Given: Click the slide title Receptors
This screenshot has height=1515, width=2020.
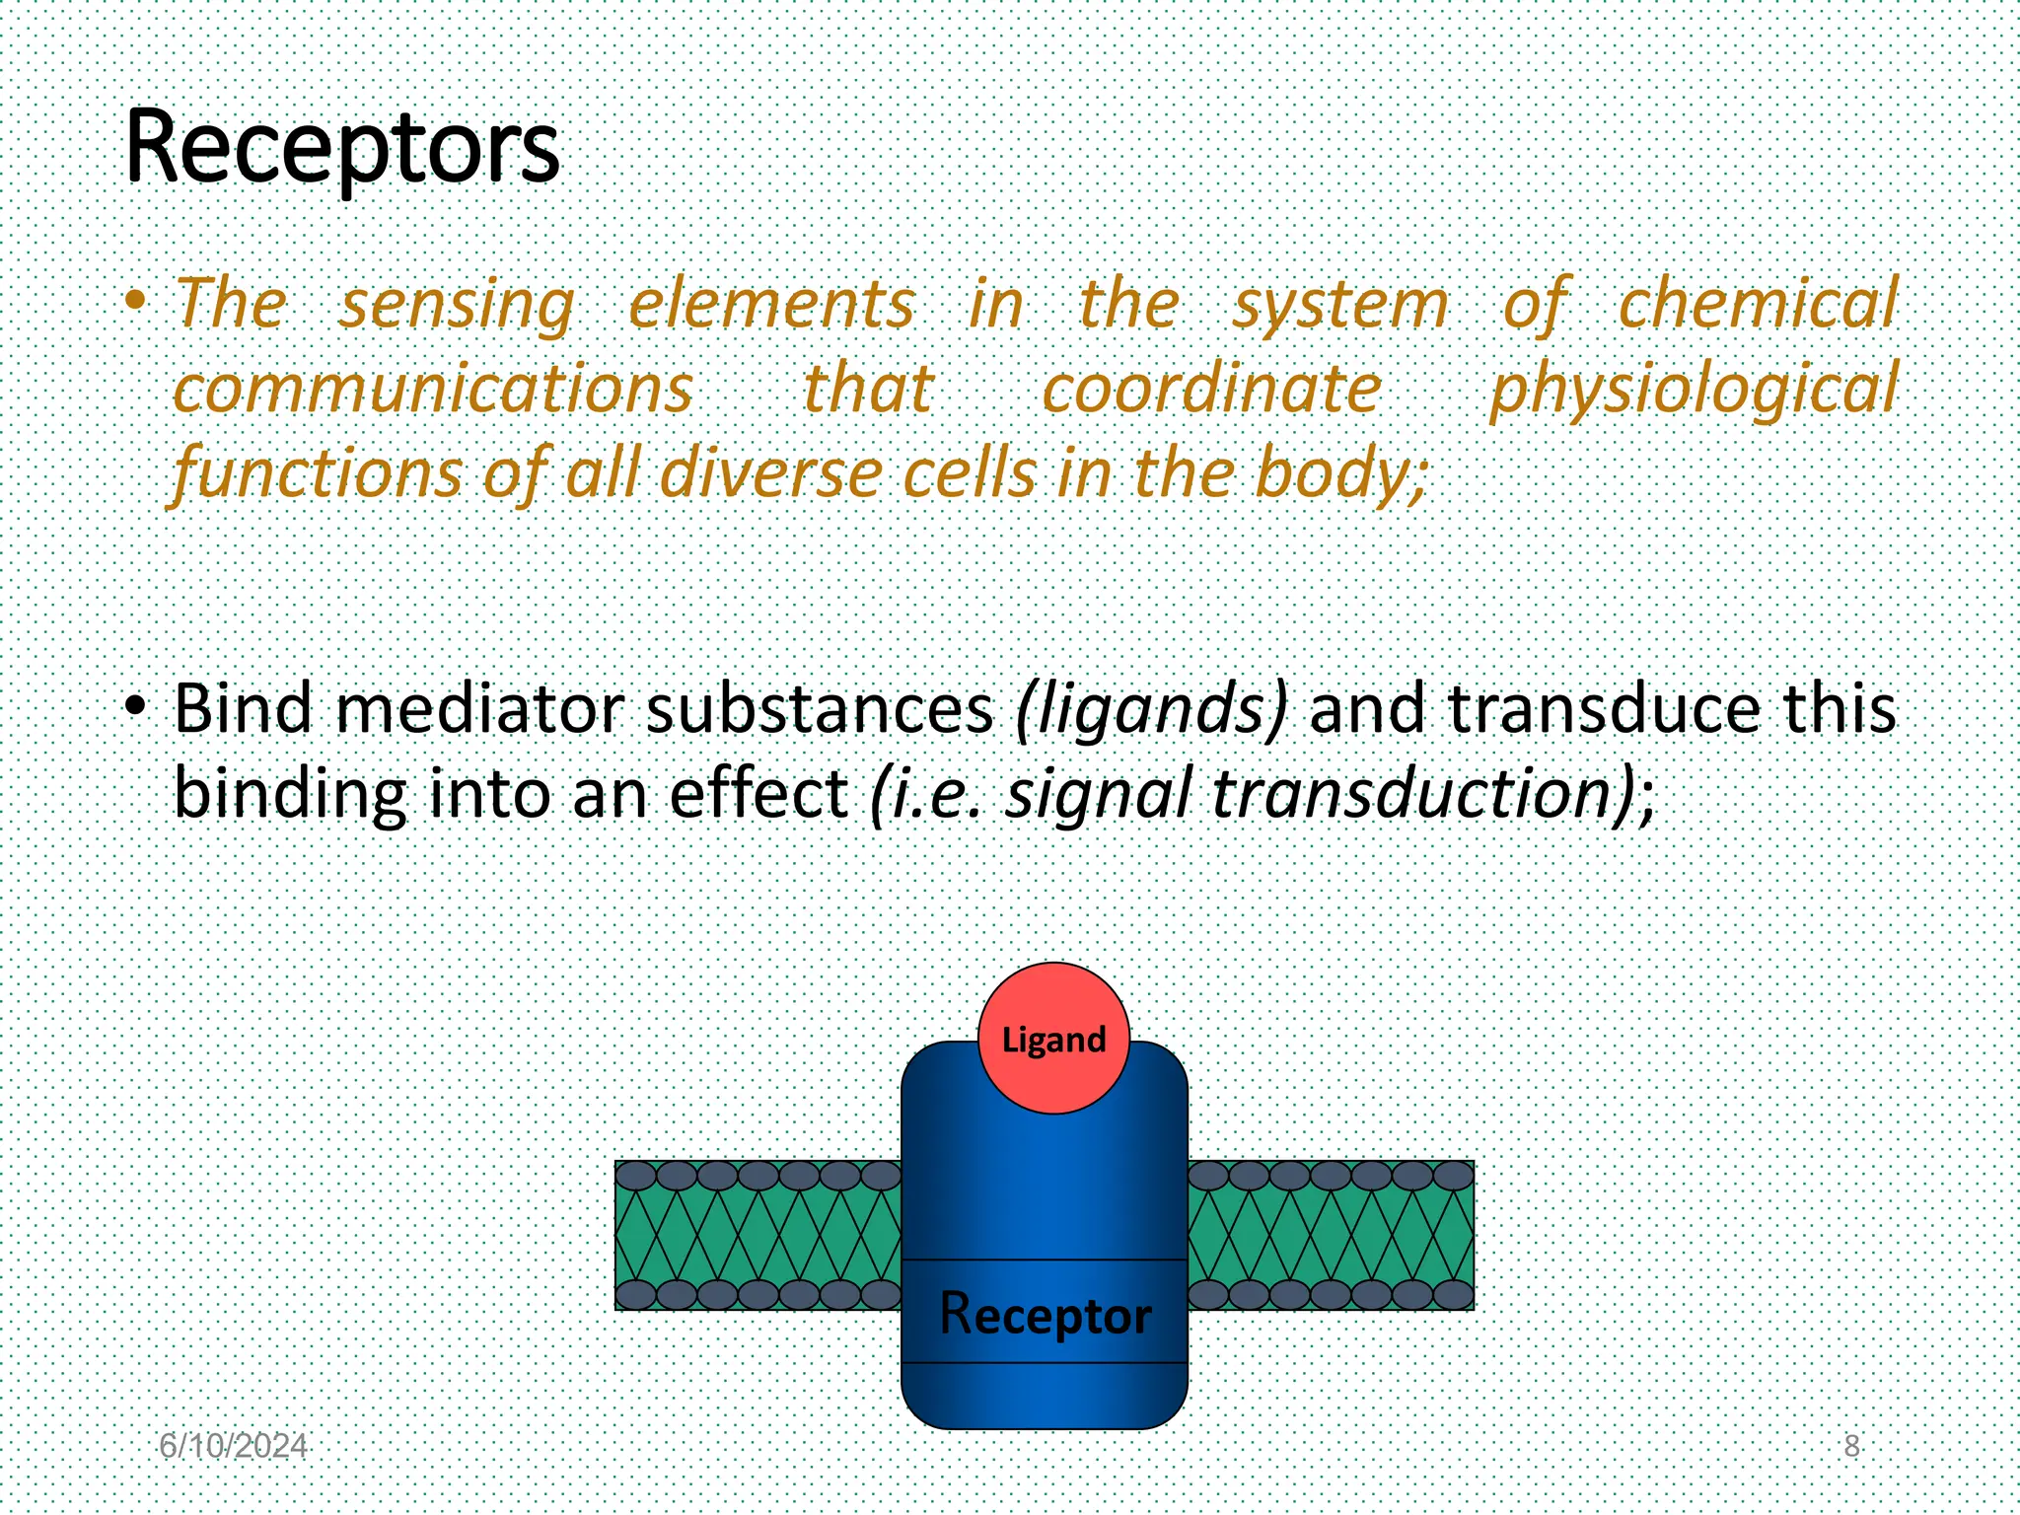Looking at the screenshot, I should click(x=342, y=148).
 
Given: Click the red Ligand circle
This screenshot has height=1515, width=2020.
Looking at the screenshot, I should click(x=1053, y=1039).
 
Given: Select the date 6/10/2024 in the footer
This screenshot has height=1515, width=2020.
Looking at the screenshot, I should click(x=234, y=1446).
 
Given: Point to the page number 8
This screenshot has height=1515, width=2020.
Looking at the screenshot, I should click(x=1851, y=1446).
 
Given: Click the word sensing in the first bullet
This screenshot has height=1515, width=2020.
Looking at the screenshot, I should click(x=457, y=304).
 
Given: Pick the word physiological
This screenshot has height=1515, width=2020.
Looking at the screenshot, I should click(x=1694, y=389).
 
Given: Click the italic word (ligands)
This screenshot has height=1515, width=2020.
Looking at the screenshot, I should click(x=1151, y=708).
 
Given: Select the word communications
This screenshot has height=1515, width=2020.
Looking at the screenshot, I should click(x=433, y=389).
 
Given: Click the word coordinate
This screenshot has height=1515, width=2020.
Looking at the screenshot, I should click(x=1212, y=389).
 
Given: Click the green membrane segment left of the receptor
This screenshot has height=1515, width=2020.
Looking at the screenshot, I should click(x=757, y=1235).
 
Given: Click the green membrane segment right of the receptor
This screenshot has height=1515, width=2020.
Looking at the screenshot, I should click(x=1330, y=1235).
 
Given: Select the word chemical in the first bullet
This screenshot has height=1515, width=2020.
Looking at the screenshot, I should click(x=1758, y=304).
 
